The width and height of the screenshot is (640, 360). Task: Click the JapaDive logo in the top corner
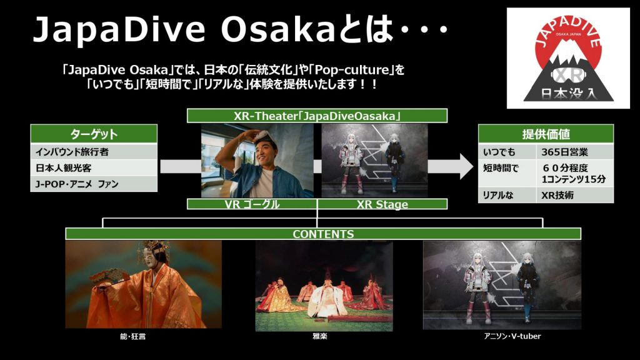[568, 58]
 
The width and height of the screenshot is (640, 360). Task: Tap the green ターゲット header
[94, 134]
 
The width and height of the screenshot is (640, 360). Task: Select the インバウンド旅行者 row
[94, 152]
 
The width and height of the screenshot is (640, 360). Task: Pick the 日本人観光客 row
[94, 167]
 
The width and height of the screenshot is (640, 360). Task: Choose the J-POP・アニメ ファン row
[94, 184]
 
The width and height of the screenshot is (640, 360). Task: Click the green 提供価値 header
[546, 134]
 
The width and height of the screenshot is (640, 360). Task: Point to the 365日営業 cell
[575, 152]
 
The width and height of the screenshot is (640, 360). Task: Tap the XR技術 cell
[575, 195]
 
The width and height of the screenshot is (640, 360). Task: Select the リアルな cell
[507, 195]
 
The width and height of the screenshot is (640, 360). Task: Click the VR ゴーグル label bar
[252, 204]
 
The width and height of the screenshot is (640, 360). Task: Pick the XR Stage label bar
[382, 204]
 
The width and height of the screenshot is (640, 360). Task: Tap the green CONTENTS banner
[323, 234]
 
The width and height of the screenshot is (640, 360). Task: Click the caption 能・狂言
[132, 336]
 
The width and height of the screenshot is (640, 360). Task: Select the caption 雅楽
[319, 336]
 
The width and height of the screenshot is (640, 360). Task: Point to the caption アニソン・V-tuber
[512, 336]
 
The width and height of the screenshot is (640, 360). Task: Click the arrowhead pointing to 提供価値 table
[467, 166]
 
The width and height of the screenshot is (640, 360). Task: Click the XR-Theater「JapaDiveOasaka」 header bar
[317, 116]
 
